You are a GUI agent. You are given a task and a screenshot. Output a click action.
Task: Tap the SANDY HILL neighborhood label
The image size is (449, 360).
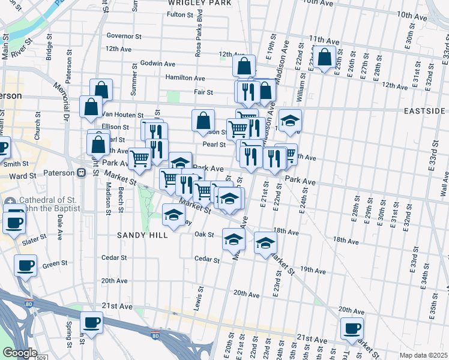pos(143,235)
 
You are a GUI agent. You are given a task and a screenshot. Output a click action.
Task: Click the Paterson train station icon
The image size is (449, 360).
pos(80,173)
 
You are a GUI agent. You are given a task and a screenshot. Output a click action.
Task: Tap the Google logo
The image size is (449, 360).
pos(20,353)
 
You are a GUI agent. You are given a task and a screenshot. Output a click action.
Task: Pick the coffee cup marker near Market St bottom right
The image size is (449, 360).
pos(352,328)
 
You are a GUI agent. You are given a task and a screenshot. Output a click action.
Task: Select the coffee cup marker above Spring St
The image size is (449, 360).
pos(91,323)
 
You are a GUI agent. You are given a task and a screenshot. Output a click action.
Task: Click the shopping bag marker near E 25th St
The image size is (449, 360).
pos(325,58)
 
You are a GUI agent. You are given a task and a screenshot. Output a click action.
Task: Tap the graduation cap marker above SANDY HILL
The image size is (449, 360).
pos(173,215)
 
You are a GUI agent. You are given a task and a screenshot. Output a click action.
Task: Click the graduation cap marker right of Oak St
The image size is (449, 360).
pos(233,239)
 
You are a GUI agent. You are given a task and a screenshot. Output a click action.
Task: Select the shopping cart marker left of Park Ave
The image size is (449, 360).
pos(140,158)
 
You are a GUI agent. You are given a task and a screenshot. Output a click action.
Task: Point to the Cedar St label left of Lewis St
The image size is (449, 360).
pos(114,257)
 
